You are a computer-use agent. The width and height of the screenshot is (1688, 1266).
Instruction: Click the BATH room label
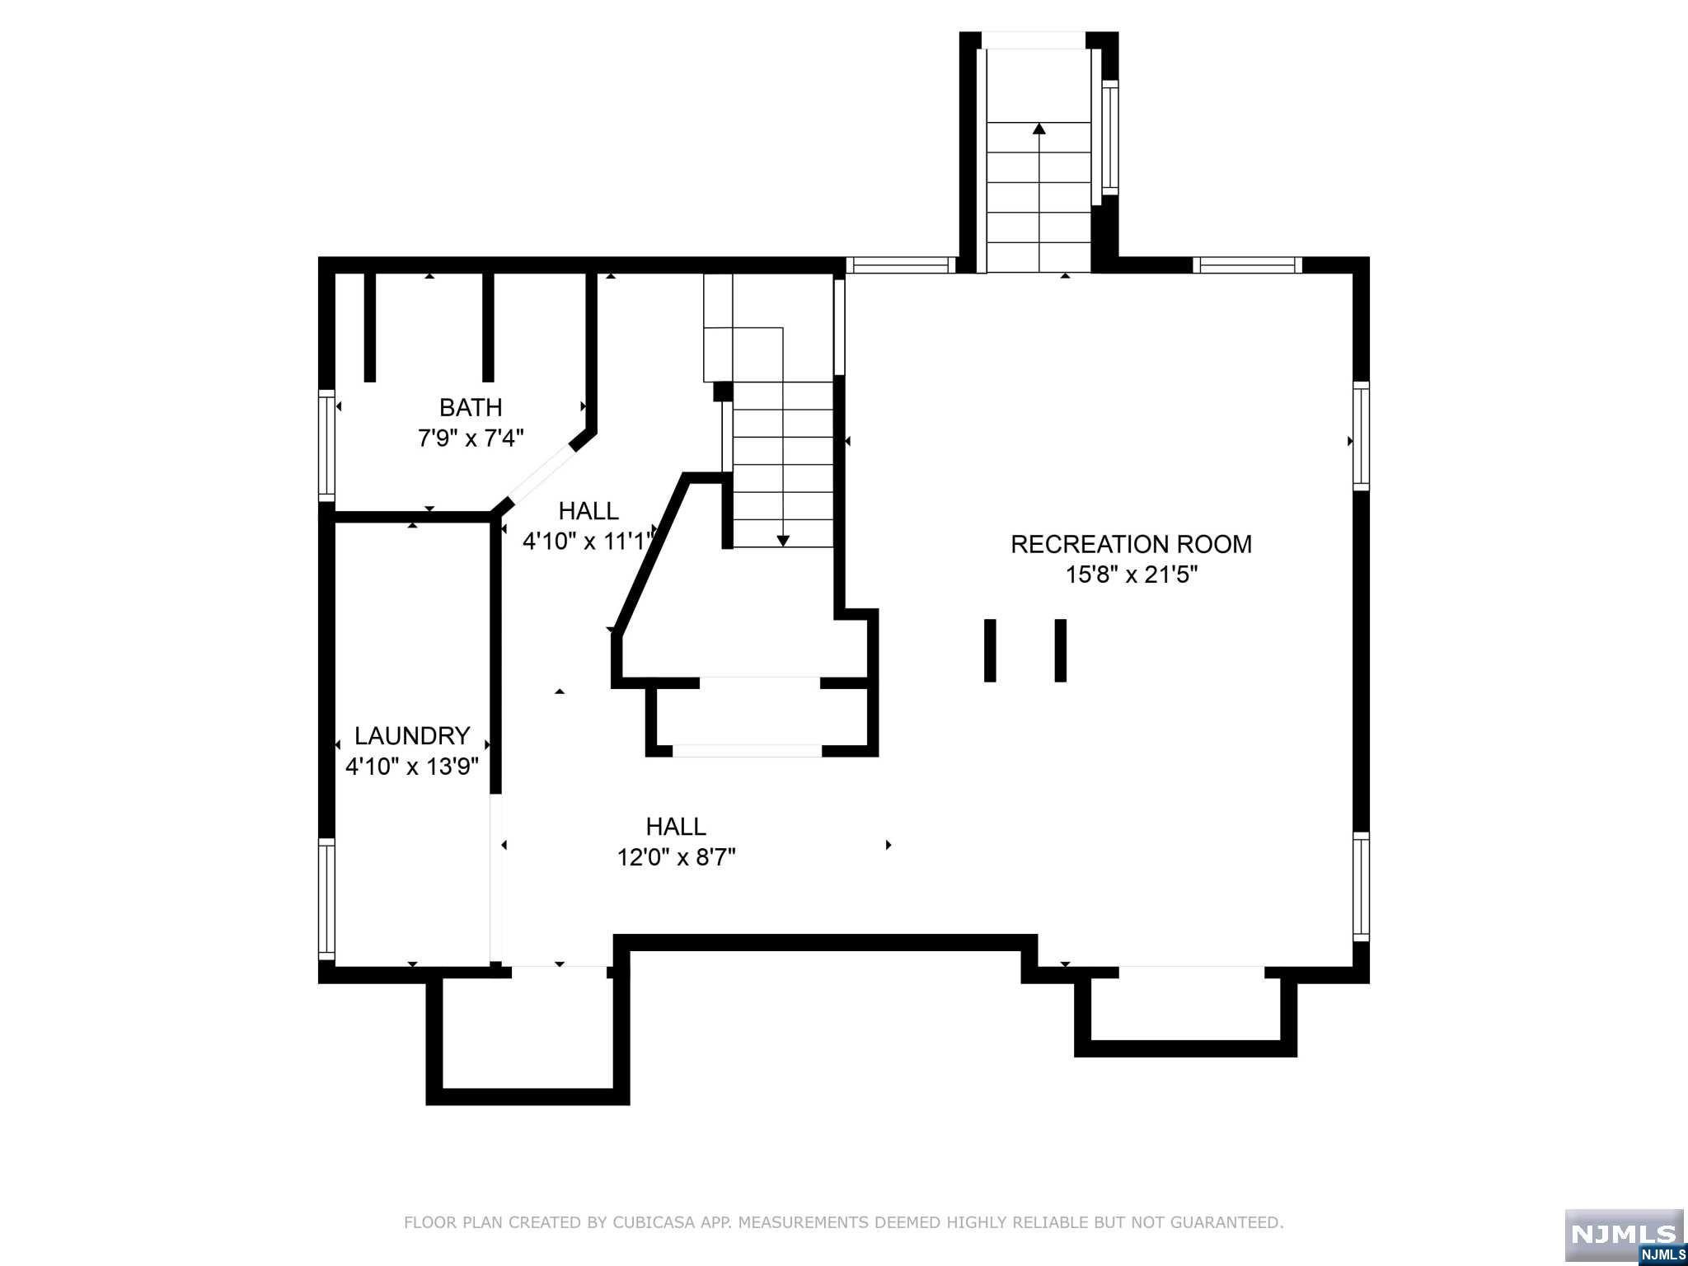pyautogui.click(x=471, y=407)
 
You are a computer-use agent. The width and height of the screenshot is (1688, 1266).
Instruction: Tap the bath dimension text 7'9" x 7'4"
pyautogui.click(x=471, y=438)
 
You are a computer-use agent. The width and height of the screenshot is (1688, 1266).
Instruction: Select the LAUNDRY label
pyautogui.click(x=412, y=735)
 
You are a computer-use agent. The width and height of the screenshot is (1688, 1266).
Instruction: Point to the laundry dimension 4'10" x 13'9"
pyautogui.click(x=412, y=767)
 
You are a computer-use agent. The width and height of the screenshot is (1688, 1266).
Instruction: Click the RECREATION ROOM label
pyautogui.click(x=1131, y=544)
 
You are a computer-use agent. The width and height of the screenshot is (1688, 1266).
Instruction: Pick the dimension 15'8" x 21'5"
pyautogui.click(x=1131, y=574)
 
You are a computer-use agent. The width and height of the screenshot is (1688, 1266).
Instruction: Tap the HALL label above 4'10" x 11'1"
pyautogui.click(x=588, y=511)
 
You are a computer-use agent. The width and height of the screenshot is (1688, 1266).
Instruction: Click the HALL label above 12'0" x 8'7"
pyautogui.click(x=676, y=826)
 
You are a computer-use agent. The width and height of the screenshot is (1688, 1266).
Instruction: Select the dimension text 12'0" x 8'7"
pyautogui.click(x=676, y=857)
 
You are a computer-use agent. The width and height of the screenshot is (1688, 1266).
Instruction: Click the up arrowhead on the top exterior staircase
pyautogui.click(x=1039, y=129)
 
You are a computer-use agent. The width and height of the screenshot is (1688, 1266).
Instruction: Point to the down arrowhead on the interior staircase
pyautogui.click(x=783, y=541)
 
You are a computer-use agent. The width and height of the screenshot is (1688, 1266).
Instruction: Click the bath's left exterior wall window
pyautogui.click(x=327, y=445)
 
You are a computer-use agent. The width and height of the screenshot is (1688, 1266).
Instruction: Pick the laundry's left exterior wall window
pyautogui.click(x=327, y=899)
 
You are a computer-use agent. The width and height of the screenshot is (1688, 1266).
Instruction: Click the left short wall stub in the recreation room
pyautogui.click(x=990, y=650)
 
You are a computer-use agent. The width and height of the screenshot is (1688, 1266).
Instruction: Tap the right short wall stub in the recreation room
pyautogui.click(x=1061, y=650)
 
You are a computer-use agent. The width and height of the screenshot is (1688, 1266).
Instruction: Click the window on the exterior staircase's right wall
pyautogui.click(x=1110, y=138)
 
